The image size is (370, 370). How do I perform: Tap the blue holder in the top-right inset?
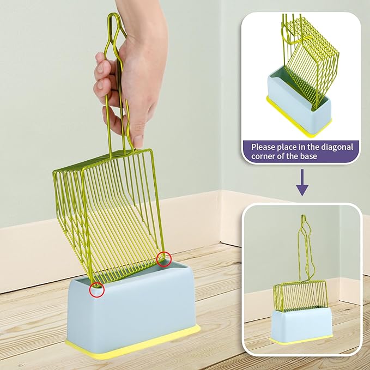tap(299, 102)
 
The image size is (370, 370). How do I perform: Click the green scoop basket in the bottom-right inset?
tap(300, 295)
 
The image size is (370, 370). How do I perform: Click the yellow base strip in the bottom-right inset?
tap(301, 340)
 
